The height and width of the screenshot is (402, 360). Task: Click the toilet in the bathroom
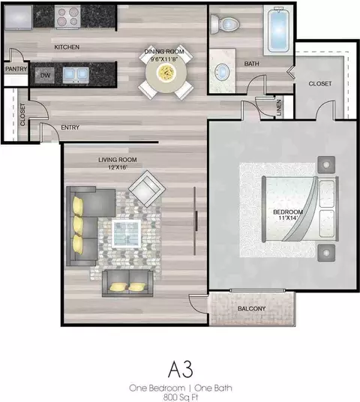(224, 24)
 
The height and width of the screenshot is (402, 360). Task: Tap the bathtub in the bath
(278, 30)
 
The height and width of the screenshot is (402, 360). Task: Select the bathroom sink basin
(222, 71)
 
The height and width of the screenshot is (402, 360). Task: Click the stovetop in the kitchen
(67, 16)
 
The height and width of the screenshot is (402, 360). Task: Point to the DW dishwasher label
(45, 75)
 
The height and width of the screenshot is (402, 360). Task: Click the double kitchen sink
(76, 75)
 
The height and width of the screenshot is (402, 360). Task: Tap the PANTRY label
(16, 69)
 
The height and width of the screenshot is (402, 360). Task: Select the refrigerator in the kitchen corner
(18, 17)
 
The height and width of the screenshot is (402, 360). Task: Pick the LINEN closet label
(279, 108)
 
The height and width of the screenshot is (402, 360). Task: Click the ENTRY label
(70, 127)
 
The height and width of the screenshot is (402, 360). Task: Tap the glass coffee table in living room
(127, 233)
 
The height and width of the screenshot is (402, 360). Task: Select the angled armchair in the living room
(147, 189)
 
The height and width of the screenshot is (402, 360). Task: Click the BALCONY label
(251, 309)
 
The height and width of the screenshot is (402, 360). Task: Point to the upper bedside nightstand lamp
(326, 164)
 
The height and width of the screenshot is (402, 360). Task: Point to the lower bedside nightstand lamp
(326, 253)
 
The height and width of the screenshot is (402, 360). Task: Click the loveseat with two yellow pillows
(127, 283)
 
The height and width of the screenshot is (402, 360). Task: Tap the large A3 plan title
(181, 370)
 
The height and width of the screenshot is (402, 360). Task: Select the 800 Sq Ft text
(181, 397)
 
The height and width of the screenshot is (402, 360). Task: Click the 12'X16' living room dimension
(118, 168)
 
